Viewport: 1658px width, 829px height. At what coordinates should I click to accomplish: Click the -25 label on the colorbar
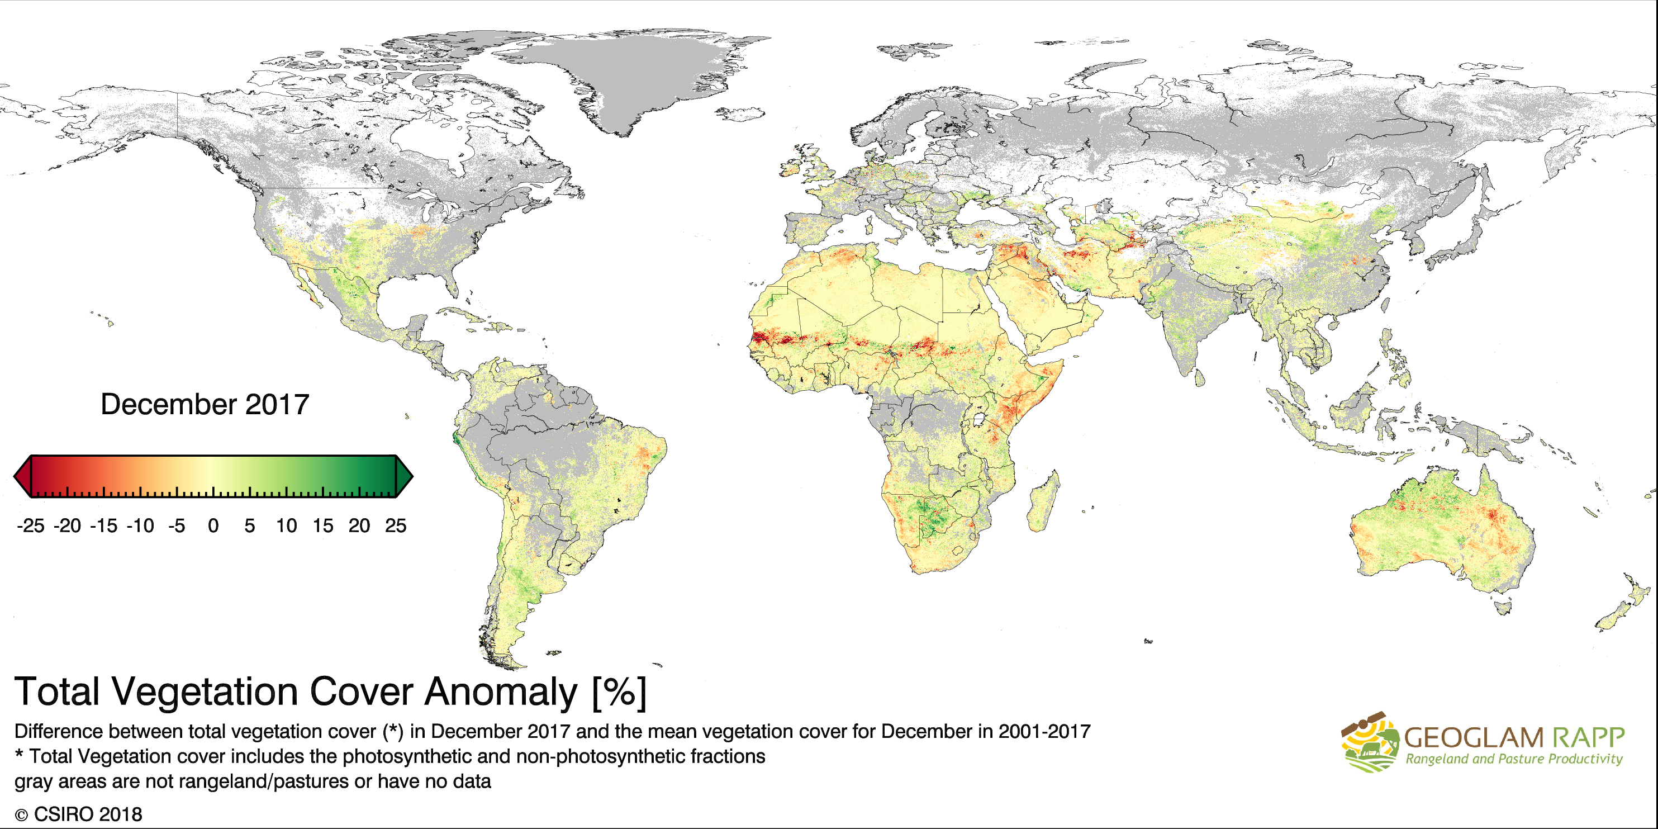[x=30, y=526]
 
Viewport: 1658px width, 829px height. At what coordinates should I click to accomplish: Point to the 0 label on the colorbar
[x=213, y=526]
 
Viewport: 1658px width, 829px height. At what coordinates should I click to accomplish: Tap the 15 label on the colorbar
[x=322, y=526]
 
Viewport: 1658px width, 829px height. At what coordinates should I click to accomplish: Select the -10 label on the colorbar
[x=140, y=526]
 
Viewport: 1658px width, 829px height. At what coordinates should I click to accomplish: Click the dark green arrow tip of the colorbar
[x=405, y=476]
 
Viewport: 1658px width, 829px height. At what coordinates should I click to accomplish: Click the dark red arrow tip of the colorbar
[x=22, y=476]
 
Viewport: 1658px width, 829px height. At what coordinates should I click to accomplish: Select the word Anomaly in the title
[x=501, y=692]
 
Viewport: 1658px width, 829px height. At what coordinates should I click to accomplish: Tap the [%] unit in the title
[x=619, y=692]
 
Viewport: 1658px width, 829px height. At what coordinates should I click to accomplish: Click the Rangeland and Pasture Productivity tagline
[x=1514, y=759]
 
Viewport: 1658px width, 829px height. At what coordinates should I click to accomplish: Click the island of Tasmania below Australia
[x=1502, y=607]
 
